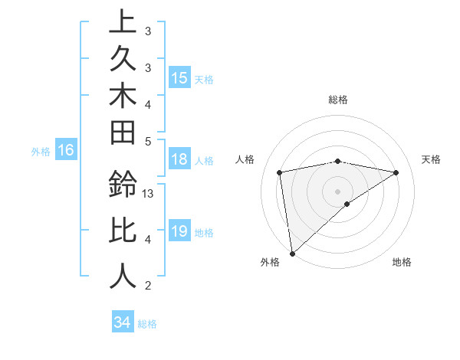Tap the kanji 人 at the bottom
[123, 276]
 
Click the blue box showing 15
[179, 77]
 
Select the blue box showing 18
[179, 159]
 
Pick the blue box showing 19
[179, 231]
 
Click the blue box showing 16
[66, 151]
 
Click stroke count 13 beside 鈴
[149, 194]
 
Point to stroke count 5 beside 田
[148, 141]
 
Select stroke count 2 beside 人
[148, 286]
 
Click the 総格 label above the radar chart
[338, 100]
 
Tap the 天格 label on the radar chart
[431, 159]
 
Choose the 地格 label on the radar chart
[402, 263]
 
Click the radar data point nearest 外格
[292, 253]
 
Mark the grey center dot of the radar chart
[338, 191]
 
